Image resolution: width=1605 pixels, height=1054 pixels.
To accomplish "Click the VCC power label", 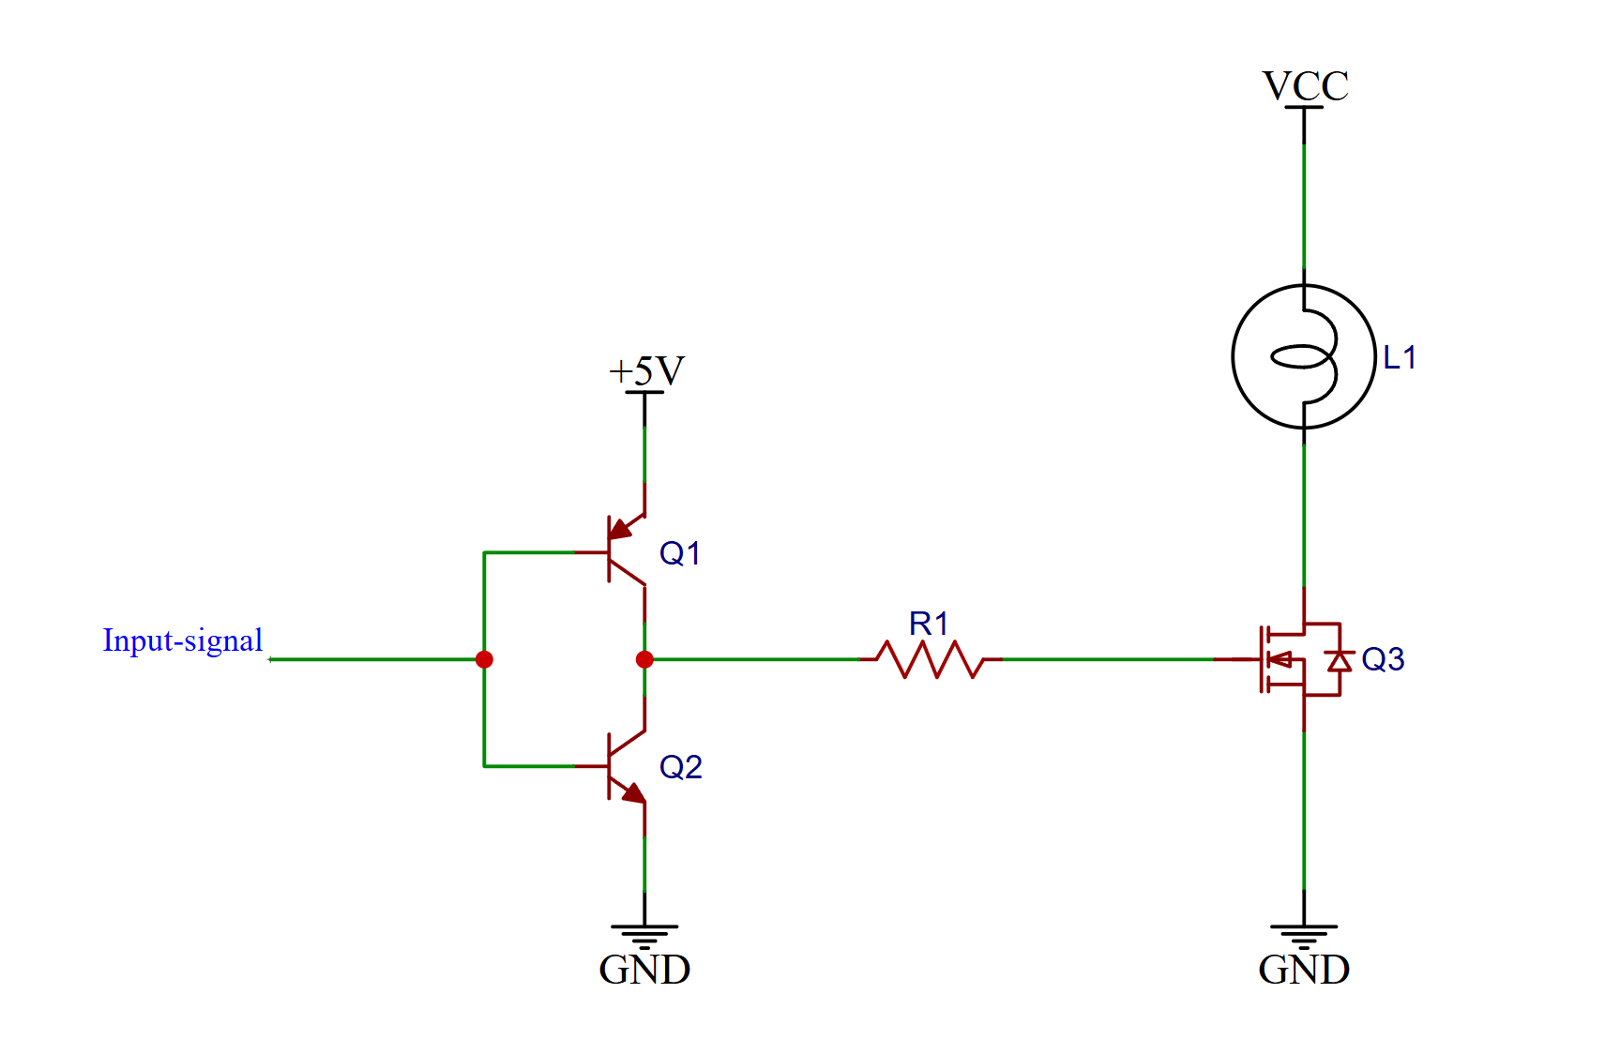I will (1305, 86).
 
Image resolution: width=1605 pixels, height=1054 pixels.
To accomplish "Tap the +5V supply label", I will (646, 371).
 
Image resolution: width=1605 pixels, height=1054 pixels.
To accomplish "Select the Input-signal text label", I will (183, 640).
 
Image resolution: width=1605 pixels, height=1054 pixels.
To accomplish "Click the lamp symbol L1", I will (1303, 356).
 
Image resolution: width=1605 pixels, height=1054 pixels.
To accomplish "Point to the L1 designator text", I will (1400, 357).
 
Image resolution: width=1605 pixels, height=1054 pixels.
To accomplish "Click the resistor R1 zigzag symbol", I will (931, 659).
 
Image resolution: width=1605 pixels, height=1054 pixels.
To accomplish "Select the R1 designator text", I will (929, 624).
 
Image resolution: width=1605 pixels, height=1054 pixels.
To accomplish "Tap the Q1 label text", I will (680, 553).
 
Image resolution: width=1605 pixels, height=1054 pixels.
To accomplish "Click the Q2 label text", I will (681, 767).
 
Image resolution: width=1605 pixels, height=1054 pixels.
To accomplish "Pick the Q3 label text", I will (1383, 659).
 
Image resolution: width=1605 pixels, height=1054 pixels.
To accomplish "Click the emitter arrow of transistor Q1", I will (620, 530).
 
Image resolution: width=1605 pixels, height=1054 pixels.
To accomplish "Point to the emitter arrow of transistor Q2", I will (633, 793).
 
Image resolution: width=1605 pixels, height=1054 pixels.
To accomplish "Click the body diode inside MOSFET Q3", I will (1340, 660).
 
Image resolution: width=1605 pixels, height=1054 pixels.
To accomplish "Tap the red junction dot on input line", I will (484, 659).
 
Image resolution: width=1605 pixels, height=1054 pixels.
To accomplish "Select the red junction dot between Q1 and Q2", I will (644, 659).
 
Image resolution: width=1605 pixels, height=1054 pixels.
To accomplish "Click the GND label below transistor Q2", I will (644, 970).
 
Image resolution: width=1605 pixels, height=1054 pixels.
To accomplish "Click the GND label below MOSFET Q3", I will (1304, 970).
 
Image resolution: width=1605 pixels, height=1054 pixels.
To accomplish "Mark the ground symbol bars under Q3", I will (1304, 936).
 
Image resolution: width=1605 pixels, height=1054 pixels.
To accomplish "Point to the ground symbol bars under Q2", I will (644, 936).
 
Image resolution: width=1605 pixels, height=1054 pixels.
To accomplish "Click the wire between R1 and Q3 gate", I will (1107, 659).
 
